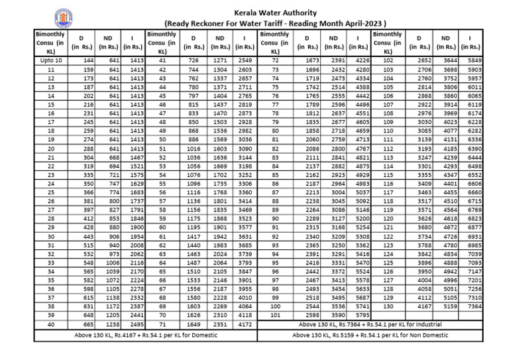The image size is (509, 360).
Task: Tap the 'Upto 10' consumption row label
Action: [51, 60]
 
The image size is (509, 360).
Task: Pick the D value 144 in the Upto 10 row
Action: [87, 60]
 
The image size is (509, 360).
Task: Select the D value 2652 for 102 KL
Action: [423, 60]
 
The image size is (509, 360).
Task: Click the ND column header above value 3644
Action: [449, 42]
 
